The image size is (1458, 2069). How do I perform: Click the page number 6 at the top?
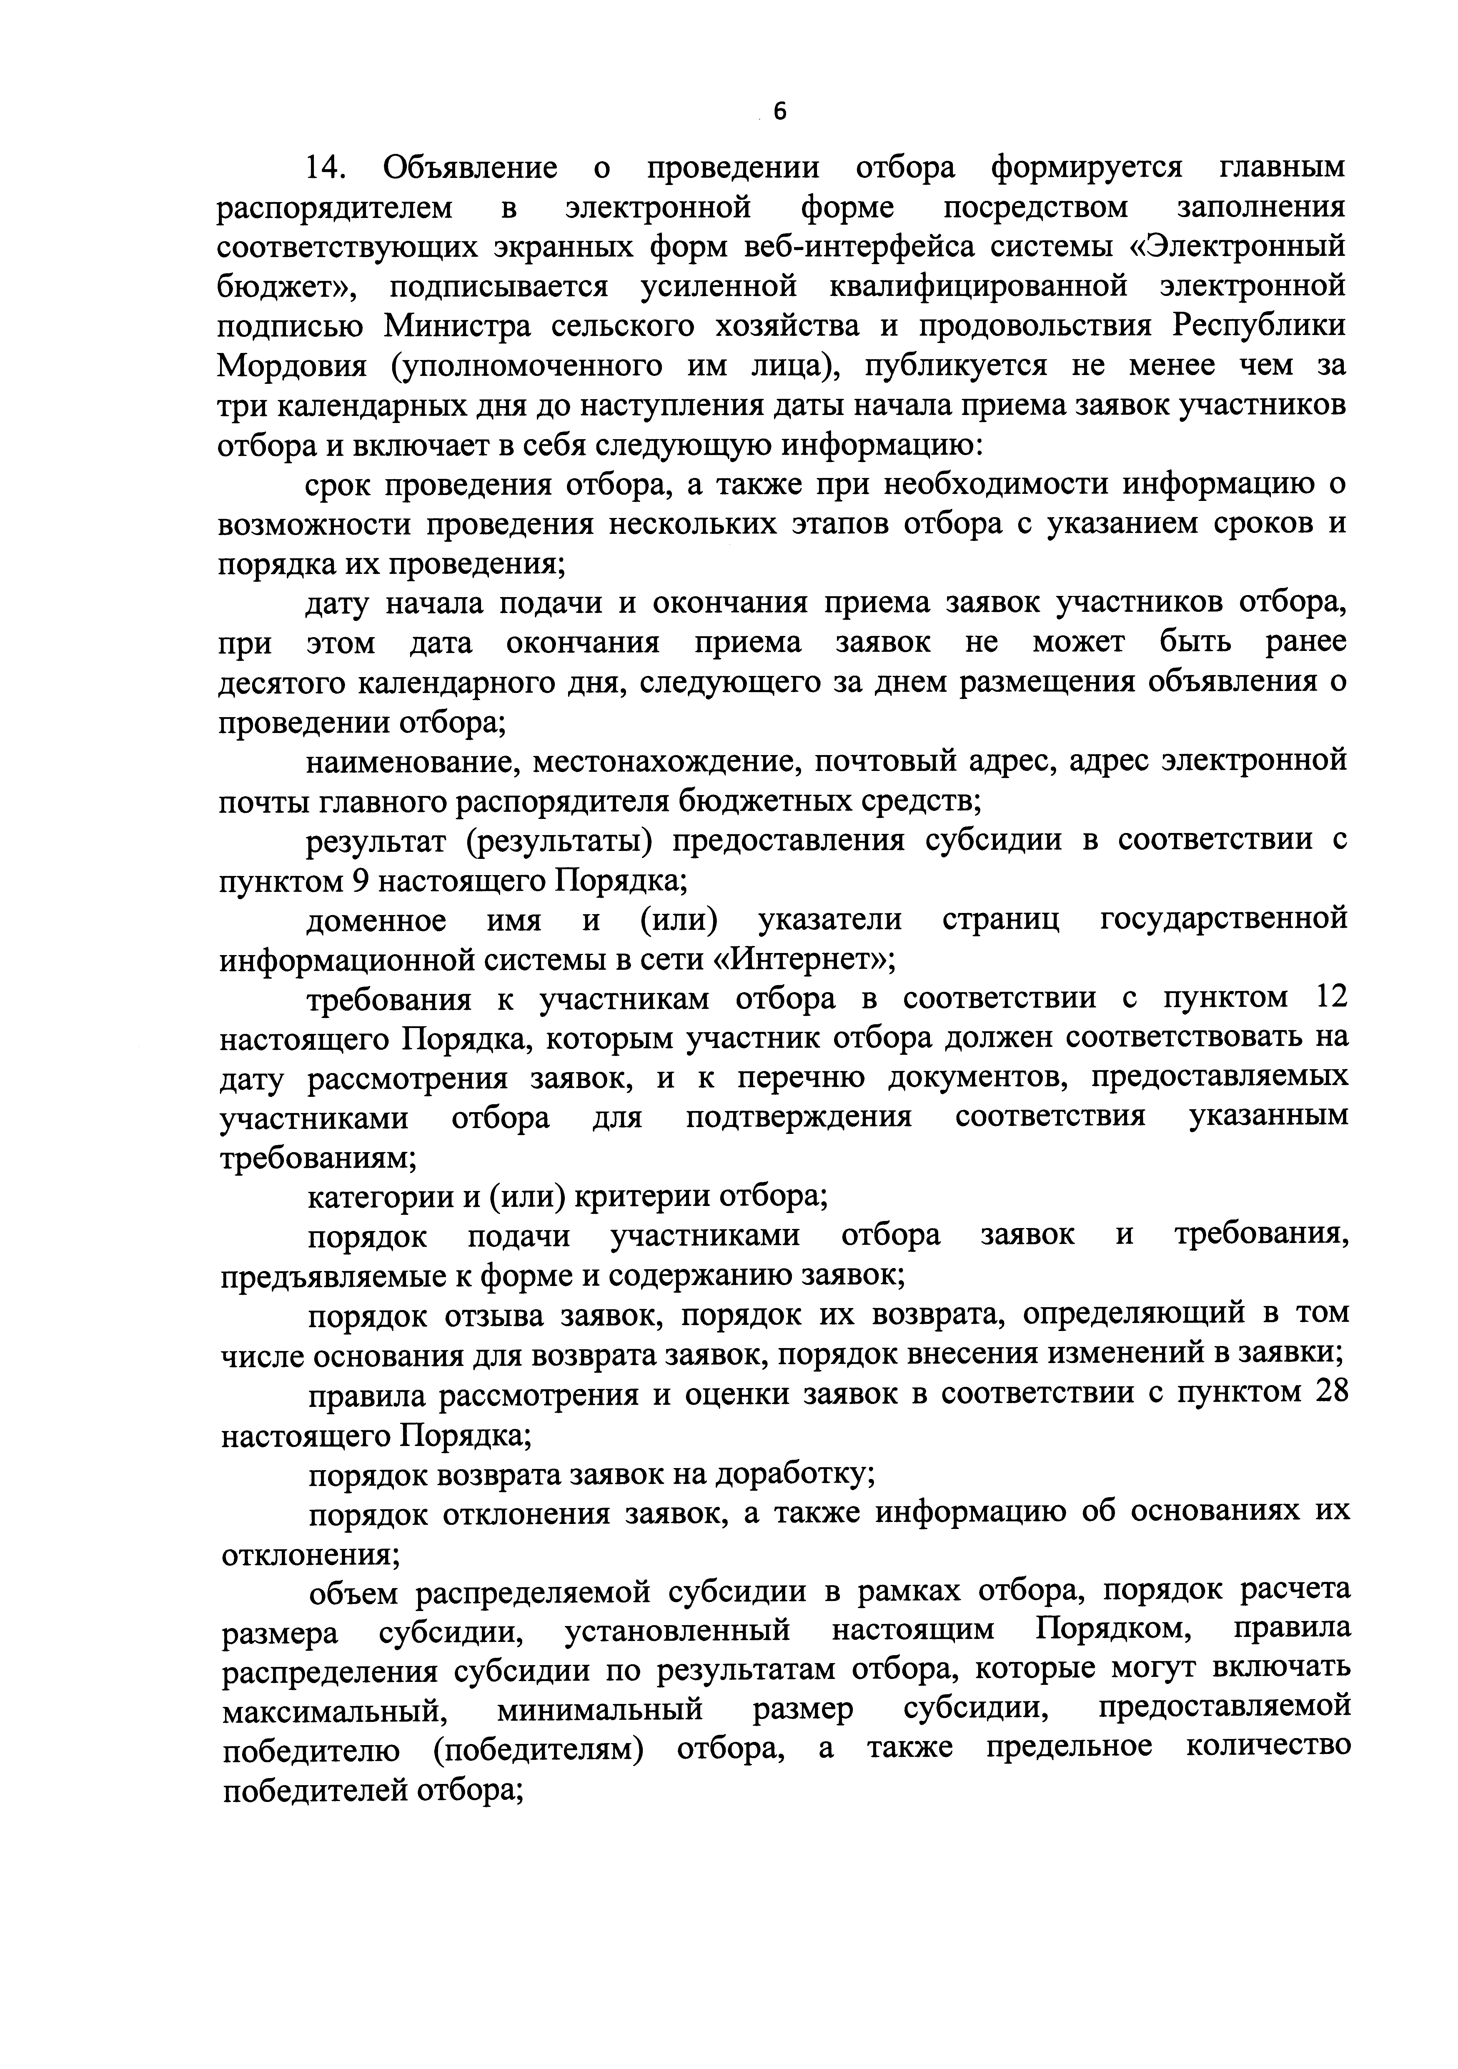pos(780,112)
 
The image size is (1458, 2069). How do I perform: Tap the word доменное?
pos(377,921)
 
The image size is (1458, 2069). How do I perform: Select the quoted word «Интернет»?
pos(804,961)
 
